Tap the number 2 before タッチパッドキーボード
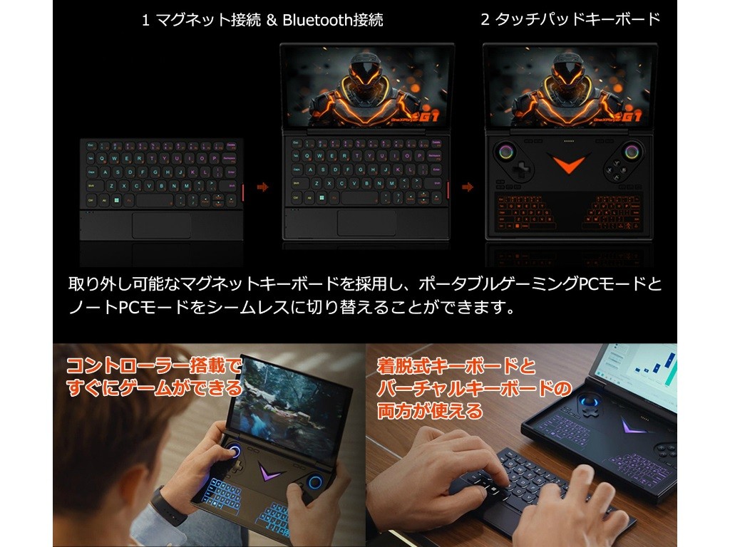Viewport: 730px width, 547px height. [x=485, y=19]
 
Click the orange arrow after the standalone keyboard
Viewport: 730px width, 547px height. [x=262, y=187]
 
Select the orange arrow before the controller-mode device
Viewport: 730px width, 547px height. [x=468, y=187]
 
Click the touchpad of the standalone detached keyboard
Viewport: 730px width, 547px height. [x=161, y=225]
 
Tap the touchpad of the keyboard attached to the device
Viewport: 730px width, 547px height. [x=366, y=222]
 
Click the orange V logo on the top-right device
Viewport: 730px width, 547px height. [x=568, y=164]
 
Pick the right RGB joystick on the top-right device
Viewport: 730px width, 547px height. [x=632, y=152]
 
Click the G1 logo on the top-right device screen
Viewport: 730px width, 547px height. [x=632, y=116]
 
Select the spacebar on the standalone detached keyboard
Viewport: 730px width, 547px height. [x=155, y=200]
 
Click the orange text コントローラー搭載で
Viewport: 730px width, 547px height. [x=154, y=365]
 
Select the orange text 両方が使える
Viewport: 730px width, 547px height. [x=429, y=411]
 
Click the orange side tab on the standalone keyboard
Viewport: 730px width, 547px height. [x=242, y=192]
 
